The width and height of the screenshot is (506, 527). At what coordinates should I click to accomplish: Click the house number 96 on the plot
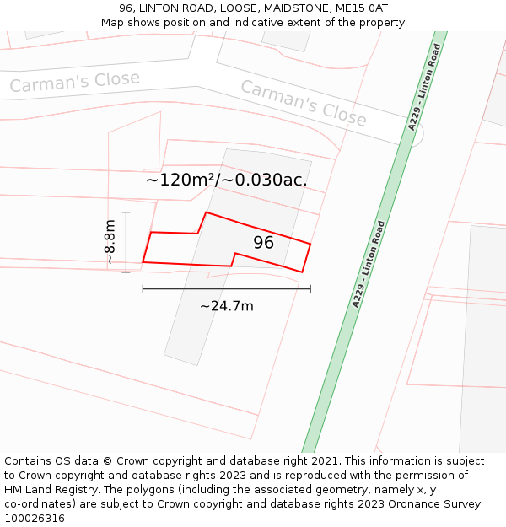coord(264,243)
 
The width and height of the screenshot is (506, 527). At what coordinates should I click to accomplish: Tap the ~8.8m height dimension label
coord(110,242)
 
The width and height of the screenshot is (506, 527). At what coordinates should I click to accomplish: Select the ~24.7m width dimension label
coord(226,306)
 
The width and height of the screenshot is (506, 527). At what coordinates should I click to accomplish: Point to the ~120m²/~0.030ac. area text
coord(227,180)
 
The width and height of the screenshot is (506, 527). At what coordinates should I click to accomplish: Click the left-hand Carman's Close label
coord(74,82)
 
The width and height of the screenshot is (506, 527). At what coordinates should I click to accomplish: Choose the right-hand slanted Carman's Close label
coord(304,103)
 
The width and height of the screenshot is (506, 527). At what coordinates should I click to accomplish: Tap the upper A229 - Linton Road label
coord(425,87)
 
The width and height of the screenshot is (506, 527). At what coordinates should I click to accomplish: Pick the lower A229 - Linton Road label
coord(369,264)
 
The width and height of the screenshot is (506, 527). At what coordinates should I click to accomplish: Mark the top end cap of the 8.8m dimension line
coord(126,212)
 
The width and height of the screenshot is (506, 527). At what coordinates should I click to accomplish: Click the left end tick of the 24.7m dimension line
coord(143,288)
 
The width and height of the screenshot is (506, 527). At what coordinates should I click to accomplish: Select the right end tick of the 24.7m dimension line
coord(310,288)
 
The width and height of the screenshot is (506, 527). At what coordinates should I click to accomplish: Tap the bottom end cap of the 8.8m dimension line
coord(126,272)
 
